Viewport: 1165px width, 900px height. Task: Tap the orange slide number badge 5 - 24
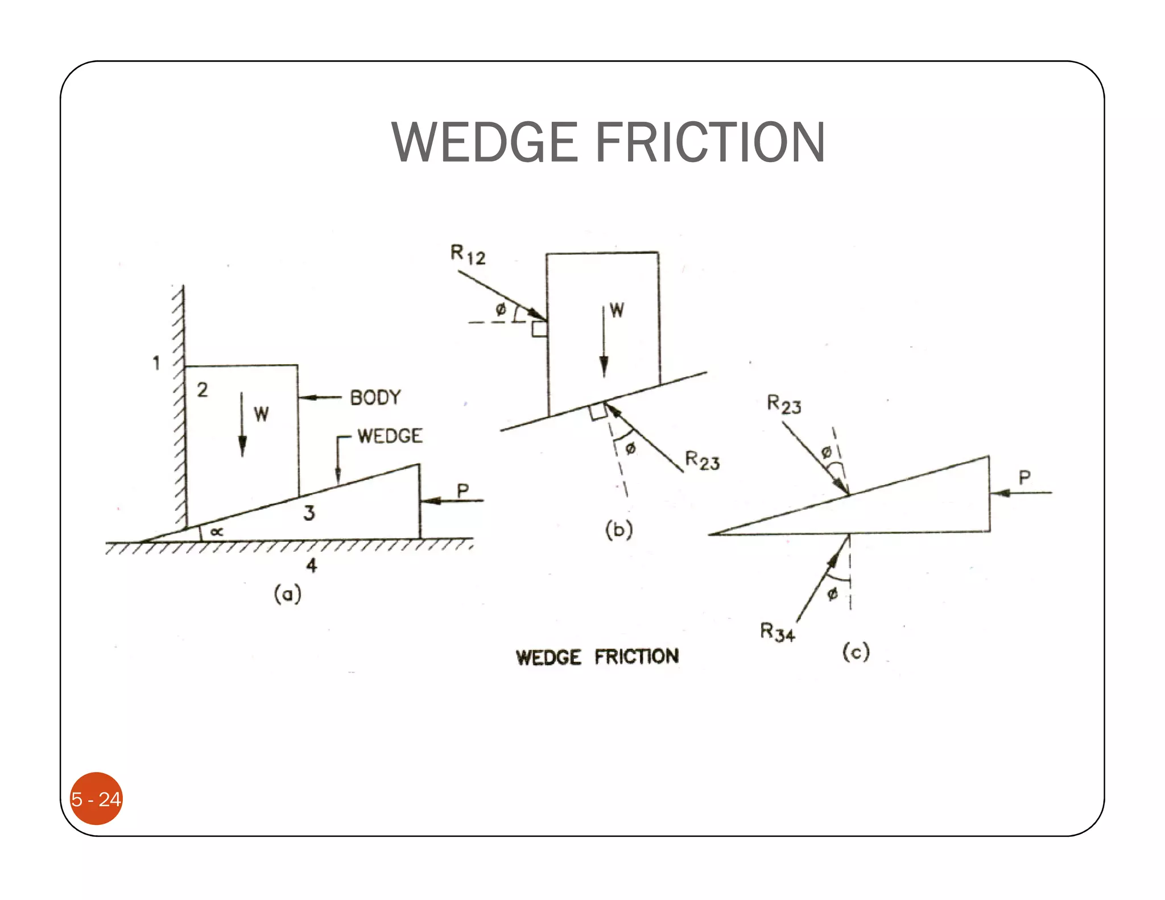[96, 799]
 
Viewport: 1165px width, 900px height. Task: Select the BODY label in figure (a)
[375, 397]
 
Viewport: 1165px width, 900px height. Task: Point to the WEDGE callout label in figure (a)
[390, 436]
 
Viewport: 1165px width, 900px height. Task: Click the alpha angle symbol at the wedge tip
[216, 532]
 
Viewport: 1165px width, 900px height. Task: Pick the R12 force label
[468, 254]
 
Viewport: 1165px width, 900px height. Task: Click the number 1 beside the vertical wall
[156, 362]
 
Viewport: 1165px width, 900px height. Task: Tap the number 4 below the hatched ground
[312, 565]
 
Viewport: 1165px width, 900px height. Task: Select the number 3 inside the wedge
[309, 513]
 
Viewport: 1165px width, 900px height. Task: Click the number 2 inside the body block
[203, 390]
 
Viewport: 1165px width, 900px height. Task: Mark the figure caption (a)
[287, 595]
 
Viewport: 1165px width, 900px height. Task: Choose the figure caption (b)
[619, 530]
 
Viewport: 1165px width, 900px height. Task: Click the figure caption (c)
[856, 651]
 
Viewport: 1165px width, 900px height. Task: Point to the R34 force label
[777, 632]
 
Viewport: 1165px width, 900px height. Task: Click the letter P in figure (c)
[1024, 477]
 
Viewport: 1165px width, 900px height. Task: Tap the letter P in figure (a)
[463, 490]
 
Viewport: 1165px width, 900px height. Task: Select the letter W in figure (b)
[617, 310]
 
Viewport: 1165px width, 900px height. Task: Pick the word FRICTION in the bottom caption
[637, 657]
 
